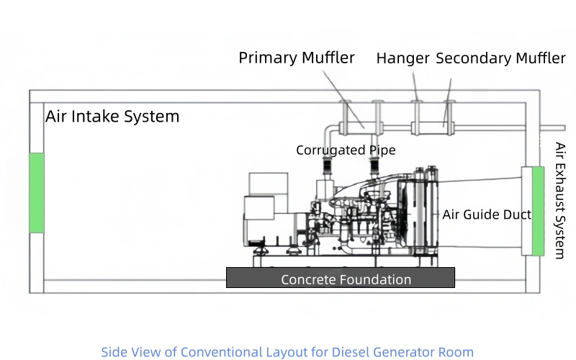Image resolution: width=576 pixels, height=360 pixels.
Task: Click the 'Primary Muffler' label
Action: [x=297, y=58]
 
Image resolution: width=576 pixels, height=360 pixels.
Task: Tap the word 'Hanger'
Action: [x=402, y=59]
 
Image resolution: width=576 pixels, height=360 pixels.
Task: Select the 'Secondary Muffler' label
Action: [x=500, y=59]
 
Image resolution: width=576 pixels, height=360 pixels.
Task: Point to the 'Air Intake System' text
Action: [x=112, y=117]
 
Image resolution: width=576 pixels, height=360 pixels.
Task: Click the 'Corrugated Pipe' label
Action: [x=346, y=150]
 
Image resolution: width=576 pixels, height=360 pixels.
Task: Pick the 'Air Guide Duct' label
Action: [x=487, y=215]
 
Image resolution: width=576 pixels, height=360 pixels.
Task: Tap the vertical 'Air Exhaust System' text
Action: [x=559, y=200]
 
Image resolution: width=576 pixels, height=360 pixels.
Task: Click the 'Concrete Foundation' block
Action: [x=341, y=278]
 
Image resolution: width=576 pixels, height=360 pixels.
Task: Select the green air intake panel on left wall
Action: [x=37, y=192]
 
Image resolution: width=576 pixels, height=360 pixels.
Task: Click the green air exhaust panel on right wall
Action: [x=537, y=210]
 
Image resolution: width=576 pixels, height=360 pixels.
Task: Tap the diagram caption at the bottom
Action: [x=287, y=352]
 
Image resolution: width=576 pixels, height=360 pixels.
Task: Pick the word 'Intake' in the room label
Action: [x=97, y=117]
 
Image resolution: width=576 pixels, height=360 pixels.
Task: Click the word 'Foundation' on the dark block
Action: [x=372, y=279]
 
